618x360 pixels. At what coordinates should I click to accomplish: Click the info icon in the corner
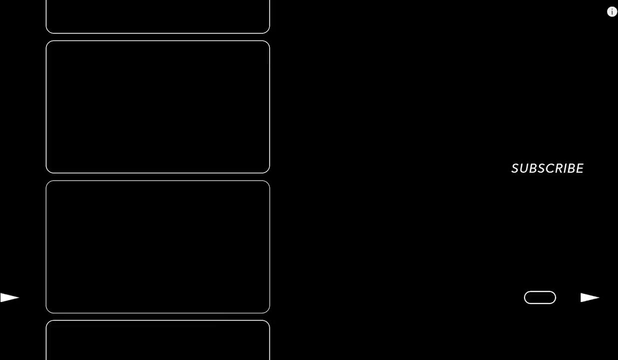(612, 12)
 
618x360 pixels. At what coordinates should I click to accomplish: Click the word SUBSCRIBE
(548, 168)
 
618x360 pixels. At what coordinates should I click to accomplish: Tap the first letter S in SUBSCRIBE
(516, 168)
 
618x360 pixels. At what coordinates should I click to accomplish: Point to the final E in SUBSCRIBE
(580, 168)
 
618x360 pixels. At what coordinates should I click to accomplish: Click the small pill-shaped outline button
(540, 297)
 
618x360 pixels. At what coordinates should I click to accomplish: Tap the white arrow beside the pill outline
(590, 298)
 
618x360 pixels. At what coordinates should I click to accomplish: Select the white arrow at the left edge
(9, 298)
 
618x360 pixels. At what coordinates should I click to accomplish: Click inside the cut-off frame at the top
(157, 16)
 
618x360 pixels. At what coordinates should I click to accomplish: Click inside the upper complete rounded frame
(157, 107)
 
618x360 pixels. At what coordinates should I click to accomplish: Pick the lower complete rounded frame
(157, 247)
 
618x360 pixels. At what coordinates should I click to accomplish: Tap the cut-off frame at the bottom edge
(157, 341)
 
